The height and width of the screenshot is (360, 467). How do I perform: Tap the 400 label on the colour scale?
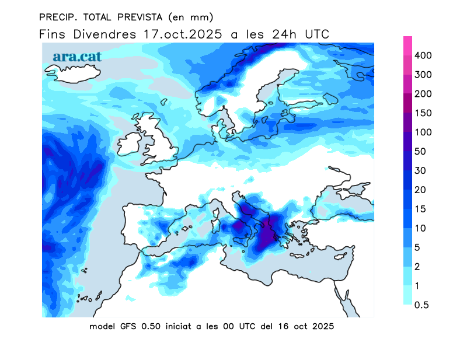coord(422,55)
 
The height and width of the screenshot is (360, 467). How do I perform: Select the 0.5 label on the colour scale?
coord(422,305)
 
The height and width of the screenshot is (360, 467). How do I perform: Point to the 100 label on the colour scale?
coord(422,132)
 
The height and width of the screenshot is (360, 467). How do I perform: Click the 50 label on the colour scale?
coord(420,152)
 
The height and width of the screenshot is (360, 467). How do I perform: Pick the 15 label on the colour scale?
coord(420,209)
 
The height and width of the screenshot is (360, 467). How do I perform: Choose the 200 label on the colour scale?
coord(422,94)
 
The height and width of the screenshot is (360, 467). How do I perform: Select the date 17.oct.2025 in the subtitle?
coord(183,34)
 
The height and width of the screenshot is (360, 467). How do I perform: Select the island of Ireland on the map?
coord(130,146)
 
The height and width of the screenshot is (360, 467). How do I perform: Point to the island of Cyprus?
coord(340,257)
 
